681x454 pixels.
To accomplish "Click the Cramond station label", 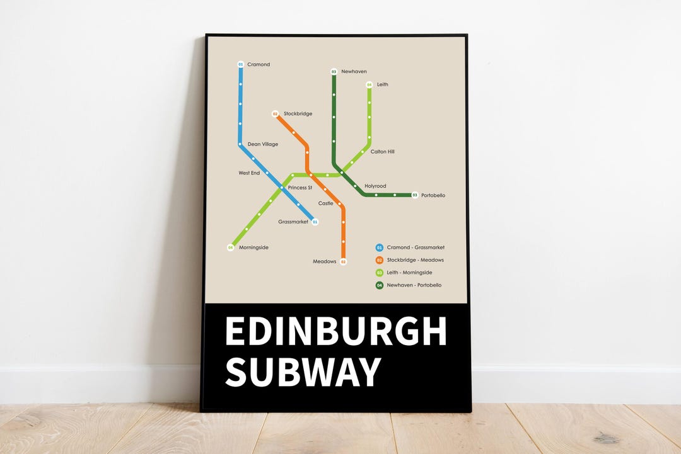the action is (259, 65).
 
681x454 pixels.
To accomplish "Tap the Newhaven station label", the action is (354, 72).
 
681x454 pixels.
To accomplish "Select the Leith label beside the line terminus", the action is (383, 84).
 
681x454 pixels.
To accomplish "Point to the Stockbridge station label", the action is (298, 114).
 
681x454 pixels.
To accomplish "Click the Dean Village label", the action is (262, 144).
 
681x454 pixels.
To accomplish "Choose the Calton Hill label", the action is (382, 152).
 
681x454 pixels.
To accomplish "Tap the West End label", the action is (249, 173).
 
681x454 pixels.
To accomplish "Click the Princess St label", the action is (300, 188).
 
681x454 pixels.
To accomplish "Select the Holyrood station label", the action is (375, 186).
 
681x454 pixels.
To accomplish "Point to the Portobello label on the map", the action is (433, 195).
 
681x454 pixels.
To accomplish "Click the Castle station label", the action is (325, 203).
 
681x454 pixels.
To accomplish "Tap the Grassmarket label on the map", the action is (293, 222).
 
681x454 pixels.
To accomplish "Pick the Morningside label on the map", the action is (253, 247).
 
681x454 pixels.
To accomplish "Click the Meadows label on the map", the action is (325, 261).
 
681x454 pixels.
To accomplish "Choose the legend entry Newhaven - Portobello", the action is (414, 285).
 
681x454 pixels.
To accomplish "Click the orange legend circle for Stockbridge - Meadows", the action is (380, 260).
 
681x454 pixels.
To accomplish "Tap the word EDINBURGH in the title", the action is (335, 331).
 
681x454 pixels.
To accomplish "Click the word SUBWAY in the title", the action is (303, 372).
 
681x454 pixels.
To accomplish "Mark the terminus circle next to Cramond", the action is (240, 64).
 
